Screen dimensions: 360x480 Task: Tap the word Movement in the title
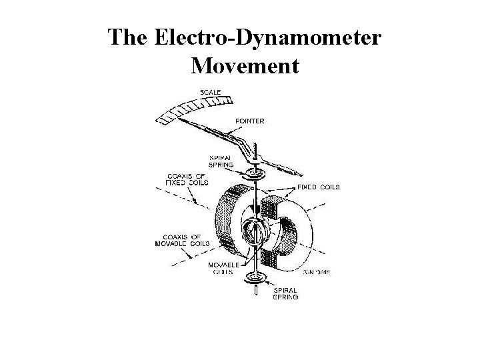pyautogui.click(x=245, y=66)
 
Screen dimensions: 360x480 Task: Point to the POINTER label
pyautogui.click(x=249, y=121)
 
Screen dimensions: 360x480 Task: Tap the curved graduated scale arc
pyautogui.click(x=193, y=109)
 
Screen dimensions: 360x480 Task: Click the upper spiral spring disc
pyautogui.click(x=255, y=175)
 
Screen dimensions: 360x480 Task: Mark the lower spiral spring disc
pyautogui.click(x=254, y=277)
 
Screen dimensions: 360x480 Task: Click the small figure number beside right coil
pyautogui.click(x=317, y=271)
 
